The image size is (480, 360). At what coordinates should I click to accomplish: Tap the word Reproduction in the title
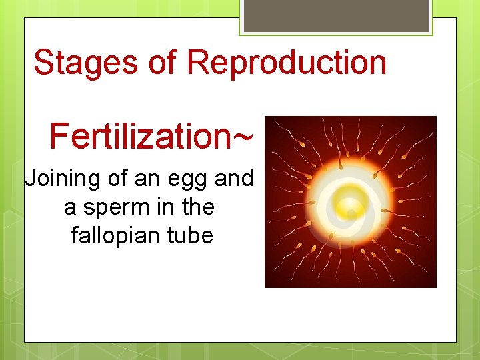pos(287,63)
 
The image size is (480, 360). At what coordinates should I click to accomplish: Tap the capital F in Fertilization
pos(58,135)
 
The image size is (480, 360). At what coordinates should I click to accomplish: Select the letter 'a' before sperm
pos(70,209)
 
